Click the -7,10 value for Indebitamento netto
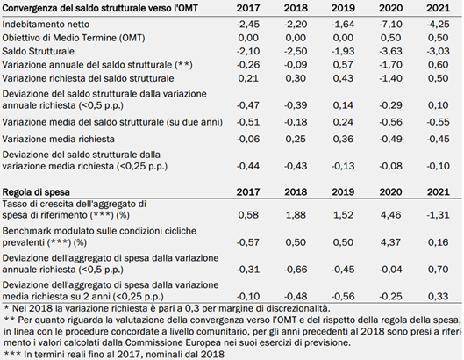(390, 24)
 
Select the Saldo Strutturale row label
(39, 51)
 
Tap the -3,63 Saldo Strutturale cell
(390, 51)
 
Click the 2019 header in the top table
(343, 8)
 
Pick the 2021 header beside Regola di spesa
(439, 192)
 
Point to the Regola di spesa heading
(36, 192)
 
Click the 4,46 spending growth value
(390, 215)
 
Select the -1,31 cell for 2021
(439, 215)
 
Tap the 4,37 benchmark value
(390, 242)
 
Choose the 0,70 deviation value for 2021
(439, 270)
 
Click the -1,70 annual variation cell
(390, 65)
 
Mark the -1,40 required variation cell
(390, 78)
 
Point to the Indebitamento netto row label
(46, 24)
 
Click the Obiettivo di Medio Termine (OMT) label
(74, 38)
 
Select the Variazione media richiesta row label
(58, 139)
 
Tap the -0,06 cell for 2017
(248, 139)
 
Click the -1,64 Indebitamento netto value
(343, 24)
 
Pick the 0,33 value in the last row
(439, 296)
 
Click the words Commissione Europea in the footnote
(173, 342)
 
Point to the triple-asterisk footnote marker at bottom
(12, 354)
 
